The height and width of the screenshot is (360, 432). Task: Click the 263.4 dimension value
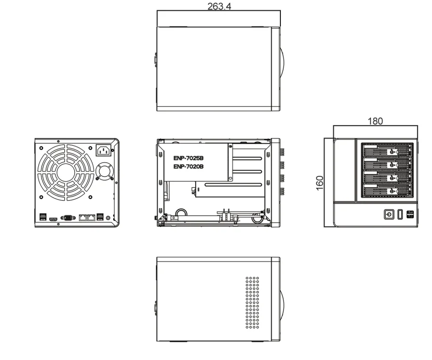pos(219,7)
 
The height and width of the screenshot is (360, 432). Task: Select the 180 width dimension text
pos(375,121)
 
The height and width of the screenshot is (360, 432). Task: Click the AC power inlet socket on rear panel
pos(104,151)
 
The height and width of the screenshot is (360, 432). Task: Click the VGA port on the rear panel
pos(67,218)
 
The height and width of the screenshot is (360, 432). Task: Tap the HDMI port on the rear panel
pos(53,219)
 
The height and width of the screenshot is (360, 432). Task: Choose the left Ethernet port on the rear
pos(83,218)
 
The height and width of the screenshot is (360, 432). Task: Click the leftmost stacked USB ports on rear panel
pos(43,216)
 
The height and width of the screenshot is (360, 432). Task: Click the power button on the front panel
pos(388,214)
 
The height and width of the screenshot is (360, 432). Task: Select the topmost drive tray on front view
pos(385,151)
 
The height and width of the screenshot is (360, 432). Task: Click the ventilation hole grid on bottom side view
pos(252,301)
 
